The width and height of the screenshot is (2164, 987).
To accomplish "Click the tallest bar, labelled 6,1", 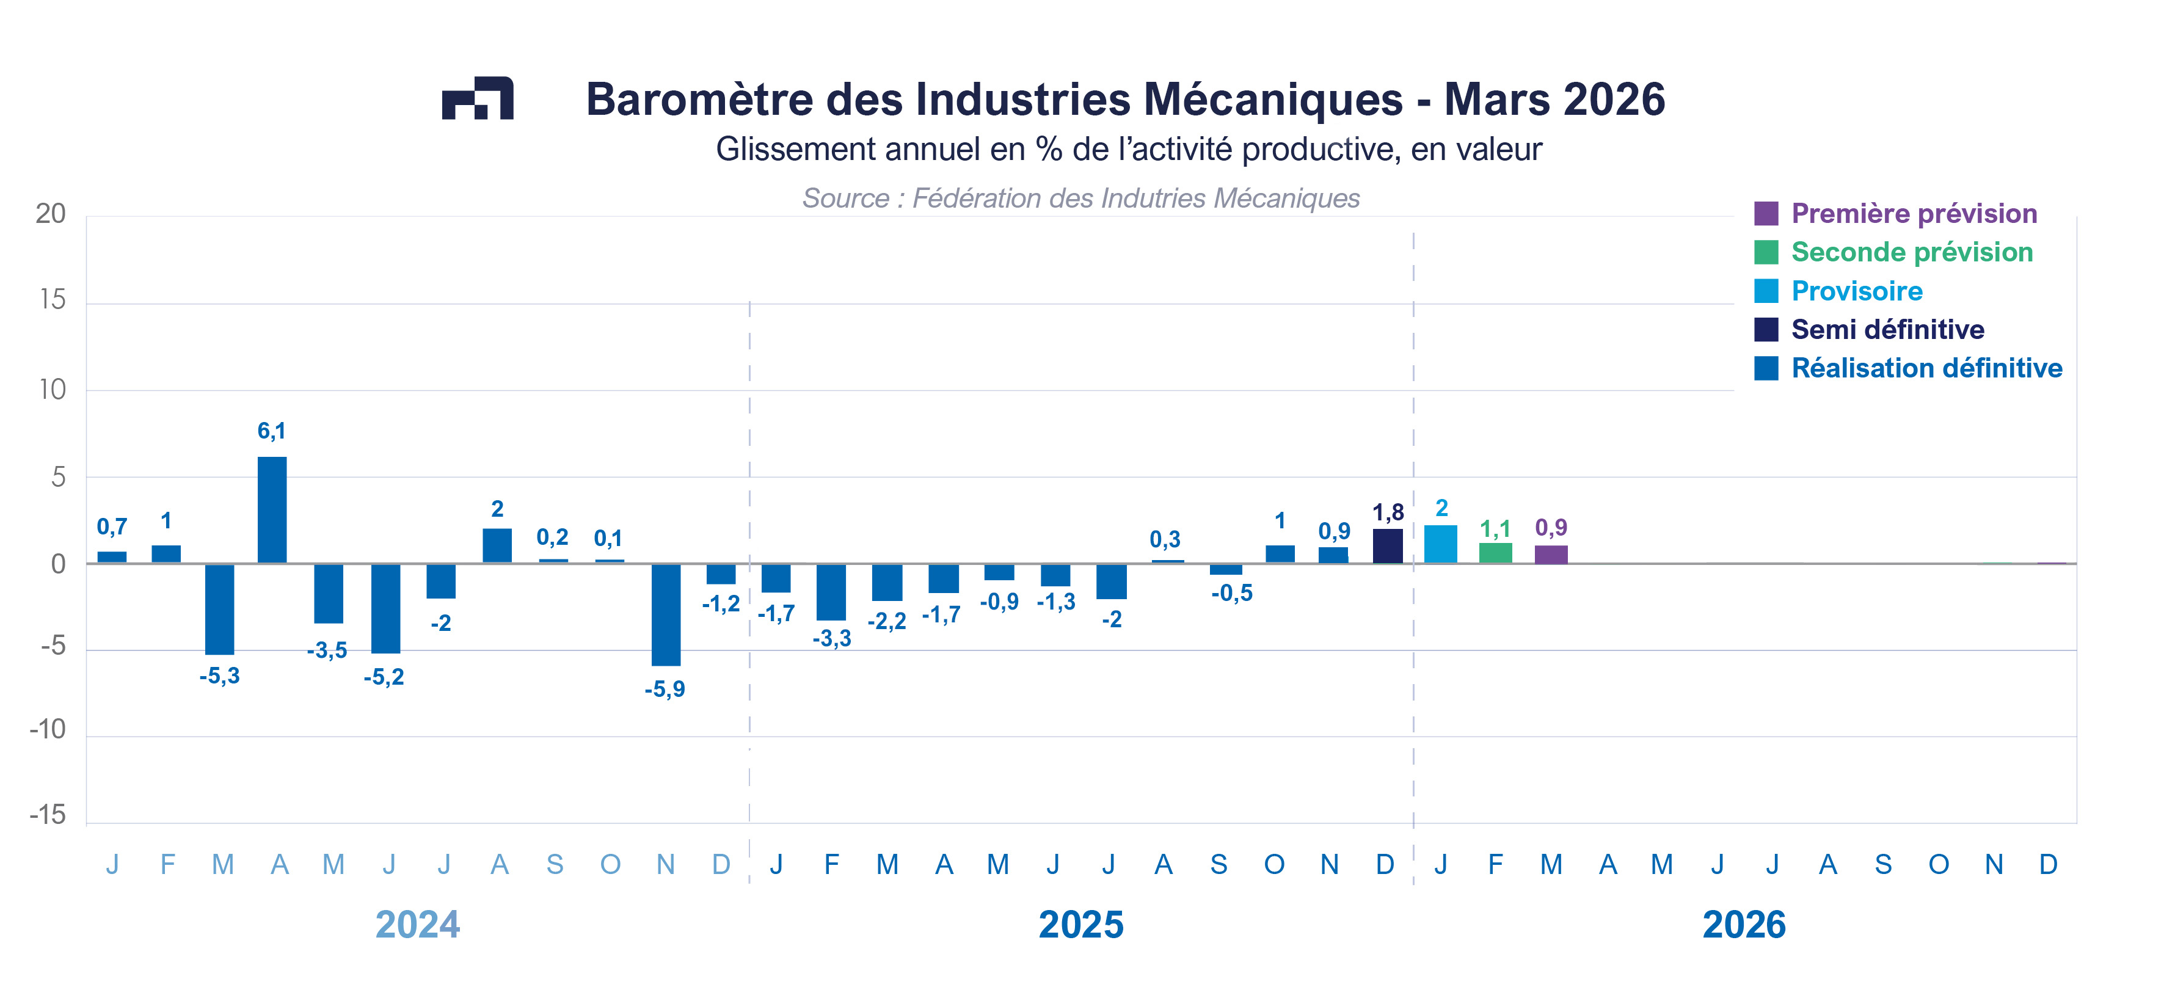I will point(271,510).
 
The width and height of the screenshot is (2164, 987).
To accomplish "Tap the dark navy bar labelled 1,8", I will point(1387,546).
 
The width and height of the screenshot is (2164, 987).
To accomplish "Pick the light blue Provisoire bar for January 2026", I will point(1441,544).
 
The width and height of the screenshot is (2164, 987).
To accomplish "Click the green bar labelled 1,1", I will point(1495,553).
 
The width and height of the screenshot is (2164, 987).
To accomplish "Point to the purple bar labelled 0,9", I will point(1551,555).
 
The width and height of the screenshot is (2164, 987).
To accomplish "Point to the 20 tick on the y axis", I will point(51,214).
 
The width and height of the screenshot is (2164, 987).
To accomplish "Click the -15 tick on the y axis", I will point(48,815).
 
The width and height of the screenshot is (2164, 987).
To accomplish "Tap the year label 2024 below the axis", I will point(418,925).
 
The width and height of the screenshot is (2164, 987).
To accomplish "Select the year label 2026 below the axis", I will point(1744,925).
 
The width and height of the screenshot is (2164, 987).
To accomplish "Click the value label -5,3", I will point(219,676).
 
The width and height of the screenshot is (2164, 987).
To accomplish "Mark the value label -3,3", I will point(832,638).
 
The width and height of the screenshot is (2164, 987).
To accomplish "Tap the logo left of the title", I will point(477,98).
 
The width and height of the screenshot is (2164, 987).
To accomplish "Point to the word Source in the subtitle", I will point(845,198).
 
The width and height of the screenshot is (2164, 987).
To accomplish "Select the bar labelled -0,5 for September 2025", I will point(1226,569).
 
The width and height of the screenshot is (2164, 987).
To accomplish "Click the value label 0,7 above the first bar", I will point(112,526).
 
